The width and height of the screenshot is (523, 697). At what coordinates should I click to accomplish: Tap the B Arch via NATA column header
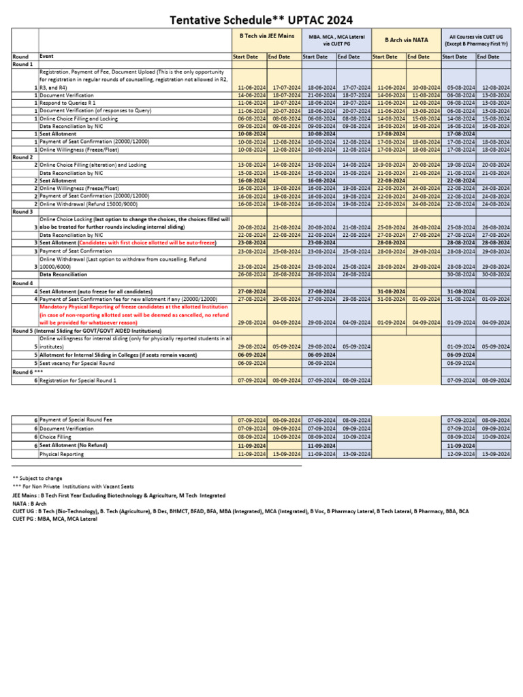pos(406,39)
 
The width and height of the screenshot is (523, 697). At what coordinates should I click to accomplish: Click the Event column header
pos(47,56)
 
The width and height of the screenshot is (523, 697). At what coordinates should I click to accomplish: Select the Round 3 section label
pos(22,211)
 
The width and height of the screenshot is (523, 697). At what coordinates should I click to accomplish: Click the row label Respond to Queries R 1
pos(68,103)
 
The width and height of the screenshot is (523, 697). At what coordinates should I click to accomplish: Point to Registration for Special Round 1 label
pos(78,380)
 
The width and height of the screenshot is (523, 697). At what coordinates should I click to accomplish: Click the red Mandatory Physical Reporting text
pos(133,315)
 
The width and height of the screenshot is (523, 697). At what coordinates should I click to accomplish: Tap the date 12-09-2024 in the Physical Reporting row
pos(458,453)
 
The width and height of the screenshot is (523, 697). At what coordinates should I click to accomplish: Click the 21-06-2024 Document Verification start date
pos(318,96)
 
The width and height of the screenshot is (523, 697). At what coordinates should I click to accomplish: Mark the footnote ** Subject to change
pos(37,479)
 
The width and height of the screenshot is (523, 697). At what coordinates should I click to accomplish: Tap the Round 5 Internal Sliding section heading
pos(87,331)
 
